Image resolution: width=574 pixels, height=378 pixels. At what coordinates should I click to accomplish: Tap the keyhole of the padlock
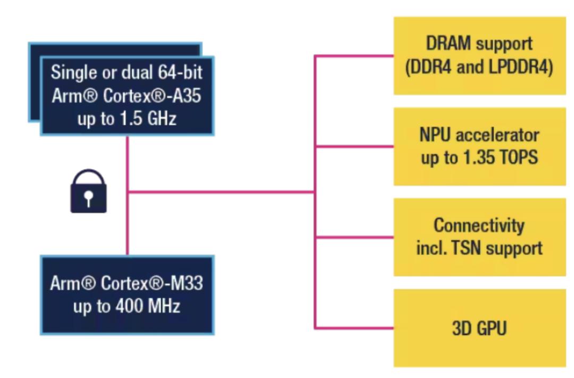coord(89,198)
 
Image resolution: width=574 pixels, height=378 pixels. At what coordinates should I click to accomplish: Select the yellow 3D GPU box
coord(479,327)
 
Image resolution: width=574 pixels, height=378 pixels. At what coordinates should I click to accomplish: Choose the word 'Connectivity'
coord(479,225)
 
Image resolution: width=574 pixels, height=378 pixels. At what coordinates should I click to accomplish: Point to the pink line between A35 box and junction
coord(128,162)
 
